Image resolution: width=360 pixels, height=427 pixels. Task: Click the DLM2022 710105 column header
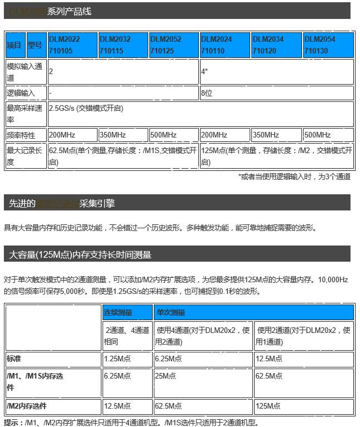pos(72,45)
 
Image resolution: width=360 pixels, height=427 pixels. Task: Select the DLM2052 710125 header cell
pos(173,45)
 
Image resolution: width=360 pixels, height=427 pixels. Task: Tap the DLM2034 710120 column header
pos(276,45)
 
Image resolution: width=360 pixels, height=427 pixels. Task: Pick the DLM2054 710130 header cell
pos(328,45)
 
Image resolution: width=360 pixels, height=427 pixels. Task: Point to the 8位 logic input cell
pos(276,93)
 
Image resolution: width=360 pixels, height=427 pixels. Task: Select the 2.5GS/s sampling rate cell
pos(200,114)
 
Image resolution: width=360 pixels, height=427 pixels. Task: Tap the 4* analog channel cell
pos(276,72)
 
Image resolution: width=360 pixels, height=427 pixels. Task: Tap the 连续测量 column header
pos(127,312)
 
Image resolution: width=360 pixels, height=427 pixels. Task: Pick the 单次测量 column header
pos(254,312)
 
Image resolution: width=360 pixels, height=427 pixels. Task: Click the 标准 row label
pos(53,359)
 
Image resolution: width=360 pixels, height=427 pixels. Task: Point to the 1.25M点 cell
pos(127,359)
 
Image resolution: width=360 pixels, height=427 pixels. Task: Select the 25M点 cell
pos(203,382)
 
